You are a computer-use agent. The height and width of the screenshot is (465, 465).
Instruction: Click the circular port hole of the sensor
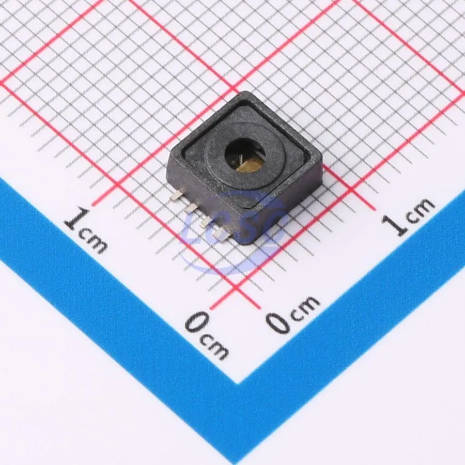(x=245, y=156)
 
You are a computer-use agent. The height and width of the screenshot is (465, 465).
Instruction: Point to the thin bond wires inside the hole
(x=241, y=160)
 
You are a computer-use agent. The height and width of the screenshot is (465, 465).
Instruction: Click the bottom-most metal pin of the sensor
(x=222, y=234)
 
